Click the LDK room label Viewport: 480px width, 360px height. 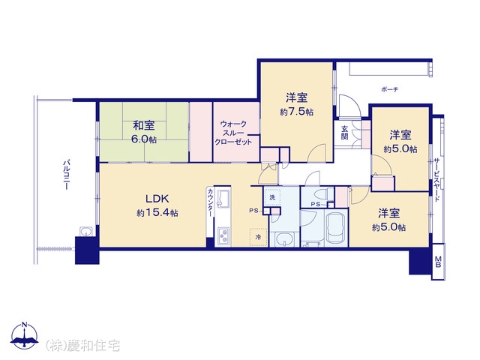click(157, 199)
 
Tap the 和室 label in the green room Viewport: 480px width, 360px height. click(143, 125)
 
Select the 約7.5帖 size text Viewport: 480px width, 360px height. click(296, 112)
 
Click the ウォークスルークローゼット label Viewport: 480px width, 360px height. click(233, 133)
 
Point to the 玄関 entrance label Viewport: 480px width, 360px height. click(345, 133)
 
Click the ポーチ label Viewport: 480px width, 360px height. click(390, 89)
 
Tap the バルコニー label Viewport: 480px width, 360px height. click(66, 175)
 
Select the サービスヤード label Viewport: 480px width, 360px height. click(436, 180)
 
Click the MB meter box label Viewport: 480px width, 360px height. click(438, 262)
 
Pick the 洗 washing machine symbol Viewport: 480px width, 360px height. click(272, 197)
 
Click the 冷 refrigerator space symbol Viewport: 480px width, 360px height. click(258, 237)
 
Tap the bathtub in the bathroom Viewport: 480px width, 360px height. click(336, 228)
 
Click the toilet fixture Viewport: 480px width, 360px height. click(322, 194)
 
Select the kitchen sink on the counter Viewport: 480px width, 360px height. click(223, 199)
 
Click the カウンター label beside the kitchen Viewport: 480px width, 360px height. click(210, 202)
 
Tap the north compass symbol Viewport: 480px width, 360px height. click(25, 336)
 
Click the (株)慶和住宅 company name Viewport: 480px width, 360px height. click(83, 345)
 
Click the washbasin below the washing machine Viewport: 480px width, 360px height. click(284, 239)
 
